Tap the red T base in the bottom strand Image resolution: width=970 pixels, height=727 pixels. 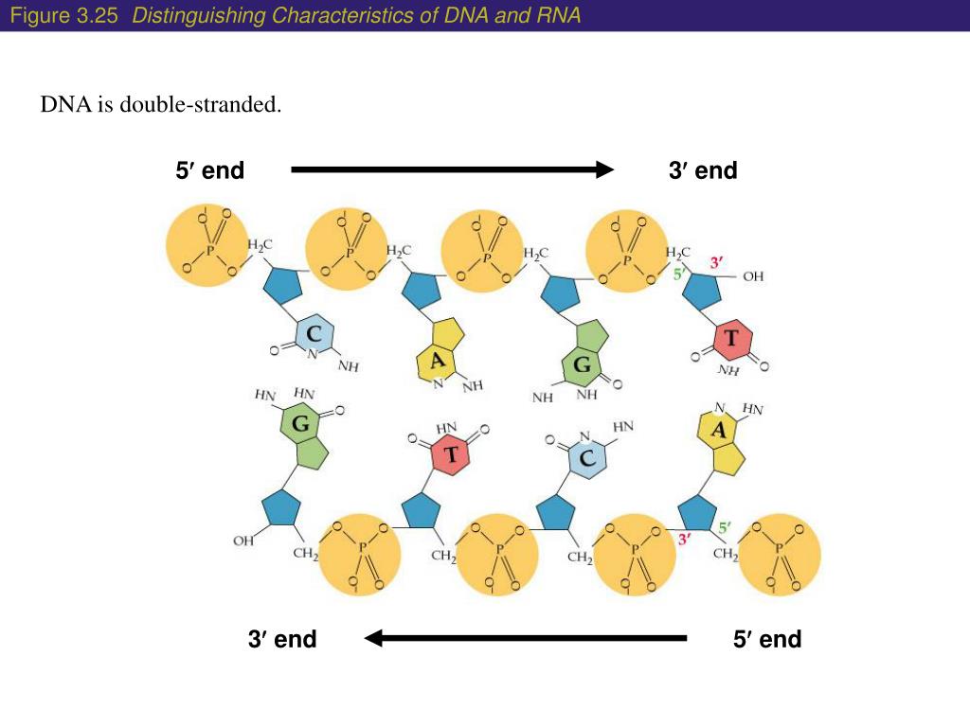pos(452,455)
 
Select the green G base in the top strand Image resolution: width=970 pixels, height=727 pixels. pos(582,363)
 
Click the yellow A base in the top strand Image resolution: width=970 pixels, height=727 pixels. pos(437,360)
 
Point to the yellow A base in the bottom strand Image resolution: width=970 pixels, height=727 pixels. pos(720,430)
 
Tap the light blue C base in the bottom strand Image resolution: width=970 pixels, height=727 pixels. pos(586,460)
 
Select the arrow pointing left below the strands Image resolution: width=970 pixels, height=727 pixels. pos(525,639)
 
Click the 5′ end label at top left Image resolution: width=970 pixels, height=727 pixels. pos(210,170)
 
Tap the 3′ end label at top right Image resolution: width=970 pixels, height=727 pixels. pos(703,170)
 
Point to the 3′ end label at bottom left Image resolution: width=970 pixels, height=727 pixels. pos(282,639)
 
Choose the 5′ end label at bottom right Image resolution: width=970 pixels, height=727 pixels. pos(767,639)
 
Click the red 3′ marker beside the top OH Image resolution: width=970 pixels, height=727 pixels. pos(716,261)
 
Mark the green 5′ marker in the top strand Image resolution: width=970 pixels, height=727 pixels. pos(679,275)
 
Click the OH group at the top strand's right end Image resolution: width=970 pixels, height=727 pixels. pos(753,277)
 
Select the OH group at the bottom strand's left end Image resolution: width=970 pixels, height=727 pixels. pos(243,541)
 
